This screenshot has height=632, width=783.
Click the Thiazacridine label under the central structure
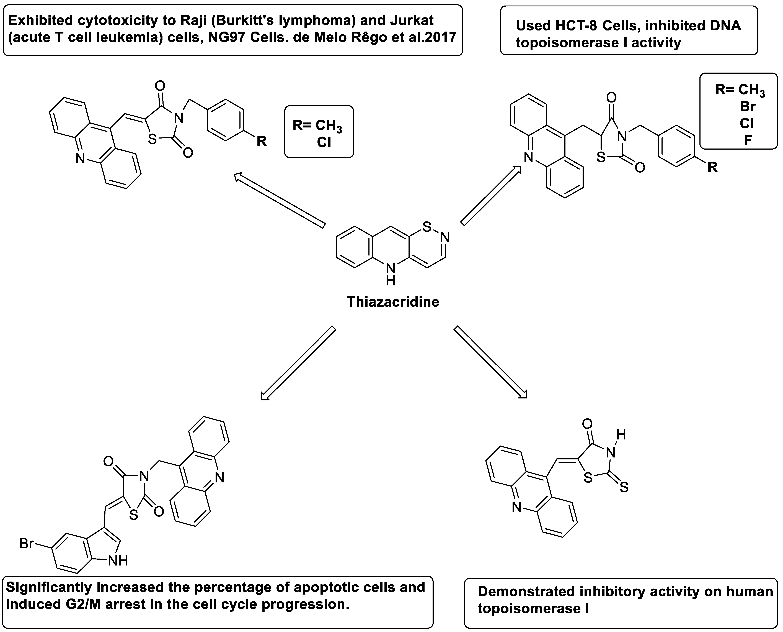[x=393, y=302]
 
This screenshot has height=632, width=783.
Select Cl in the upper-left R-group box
[x=324, y=142]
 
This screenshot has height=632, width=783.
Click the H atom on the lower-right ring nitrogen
[x=621, y=434]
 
